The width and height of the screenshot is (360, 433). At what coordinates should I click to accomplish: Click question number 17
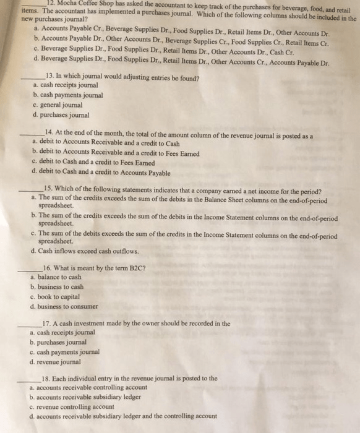pos(48,324)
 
